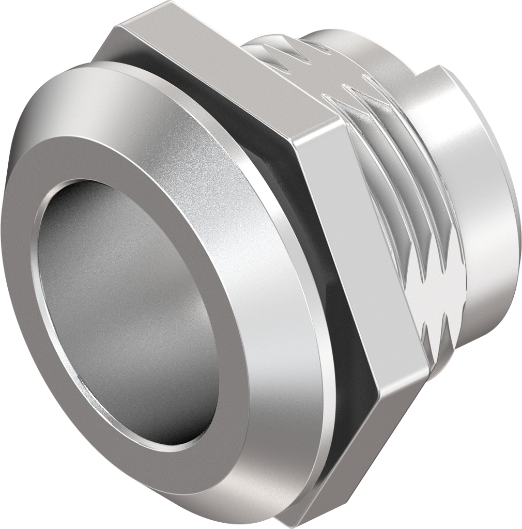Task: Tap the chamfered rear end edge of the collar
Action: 509,217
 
